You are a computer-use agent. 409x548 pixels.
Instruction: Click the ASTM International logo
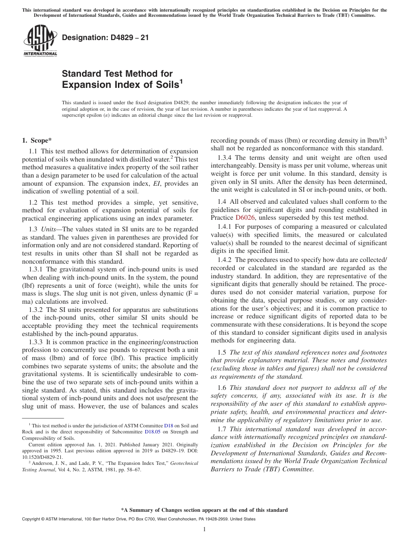[40, 41]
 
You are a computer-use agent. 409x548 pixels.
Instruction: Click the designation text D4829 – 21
[105, 37]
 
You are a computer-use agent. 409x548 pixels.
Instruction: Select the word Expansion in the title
[84, 84]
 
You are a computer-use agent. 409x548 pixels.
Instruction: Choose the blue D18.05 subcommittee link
[155, 431]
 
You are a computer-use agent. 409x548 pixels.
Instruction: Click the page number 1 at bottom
[204, 529]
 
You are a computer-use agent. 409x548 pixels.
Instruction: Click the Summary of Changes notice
[204, 510]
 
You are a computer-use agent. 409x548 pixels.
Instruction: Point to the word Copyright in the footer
[33, 519]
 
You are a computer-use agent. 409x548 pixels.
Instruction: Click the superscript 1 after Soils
[181, 81]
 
